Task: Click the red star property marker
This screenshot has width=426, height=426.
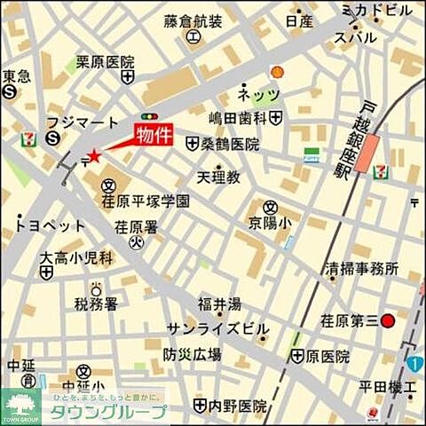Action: point(94,156)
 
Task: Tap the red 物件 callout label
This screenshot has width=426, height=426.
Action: point(152,135)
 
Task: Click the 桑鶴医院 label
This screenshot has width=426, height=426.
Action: point(229,143)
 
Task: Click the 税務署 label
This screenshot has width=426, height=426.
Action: point(95,304)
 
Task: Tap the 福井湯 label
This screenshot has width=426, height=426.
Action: point(218,305)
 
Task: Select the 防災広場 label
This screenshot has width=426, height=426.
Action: point(192,354)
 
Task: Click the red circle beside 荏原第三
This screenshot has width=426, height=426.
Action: point(387,321)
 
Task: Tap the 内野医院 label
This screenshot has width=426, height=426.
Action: point(237,406)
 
